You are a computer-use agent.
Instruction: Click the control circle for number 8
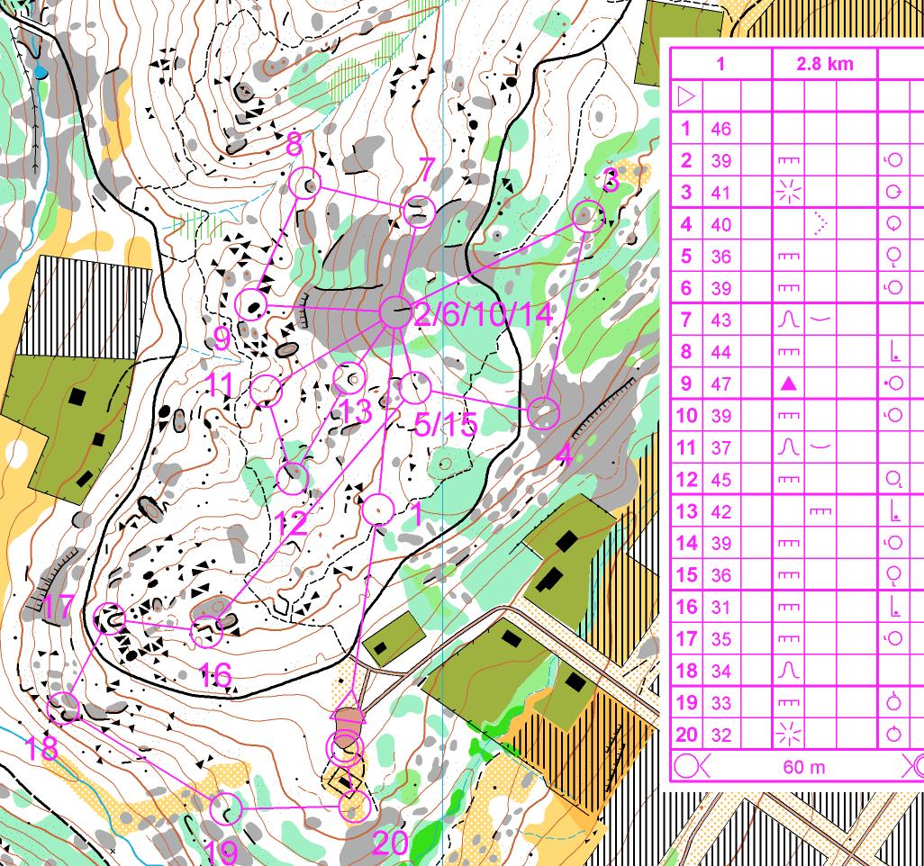pos(306,184)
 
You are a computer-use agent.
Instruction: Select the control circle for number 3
pos(588,217)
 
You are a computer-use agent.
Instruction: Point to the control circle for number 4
pos(543,413)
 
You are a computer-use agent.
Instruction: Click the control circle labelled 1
pos(378,510)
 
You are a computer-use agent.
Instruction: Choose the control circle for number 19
pos(227,808)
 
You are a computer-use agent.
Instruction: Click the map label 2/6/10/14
pos(483,315)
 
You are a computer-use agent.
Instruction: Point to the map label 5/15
pos(445,424)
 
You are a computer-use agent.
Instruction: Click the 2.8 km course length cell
pos(824,64)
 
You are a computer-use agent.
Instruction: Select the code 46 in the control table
pos(720,129)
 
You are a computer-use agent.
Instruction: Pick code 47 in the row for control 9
pos(720,383)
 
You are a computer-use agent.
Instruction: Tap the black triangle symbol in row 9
pos(788,384)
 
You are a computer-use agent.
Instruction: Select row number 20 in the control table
pos(686,735)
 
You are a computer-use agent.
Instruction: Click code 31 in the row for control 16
pos(720,607)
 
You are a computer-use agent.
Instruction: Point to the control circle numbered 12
pos(292,478)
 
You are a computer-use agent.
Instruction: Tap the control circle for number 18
pos(64,708)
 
